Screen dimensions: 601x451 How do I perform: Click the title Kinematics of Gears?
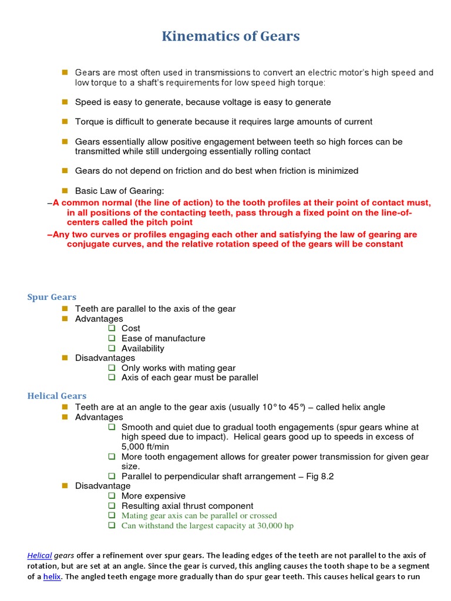(231, 36)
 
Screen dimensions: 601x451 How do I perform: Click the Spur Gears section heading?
(52, 297)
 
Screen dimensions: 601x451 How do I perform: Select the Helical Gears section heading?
(57, 396)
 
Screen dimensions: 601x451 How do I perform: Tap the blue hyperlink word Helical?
(40, 555)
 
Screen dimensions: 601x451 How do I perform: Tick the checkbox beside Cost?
(112, 328)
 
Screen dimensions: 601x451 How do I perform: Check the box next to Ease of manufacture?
(112, 338)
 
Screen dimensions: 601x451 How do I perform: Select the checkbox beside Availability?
(112, 348)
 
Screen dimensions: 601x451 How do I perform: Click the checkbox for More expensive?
(112, 496)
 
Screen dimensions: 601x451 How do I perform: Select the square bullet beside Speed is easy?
(65, 102)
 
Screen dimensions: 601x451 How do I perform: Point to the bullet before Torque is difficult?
(65, 121)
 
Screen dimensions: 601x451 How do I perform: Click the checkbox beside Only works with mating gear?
(112, 368)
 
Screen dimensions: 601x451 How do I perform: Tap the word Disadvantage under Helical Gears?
(103, 486)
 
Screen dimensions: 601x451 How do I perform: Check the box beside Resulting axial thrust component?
(112, 506)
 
